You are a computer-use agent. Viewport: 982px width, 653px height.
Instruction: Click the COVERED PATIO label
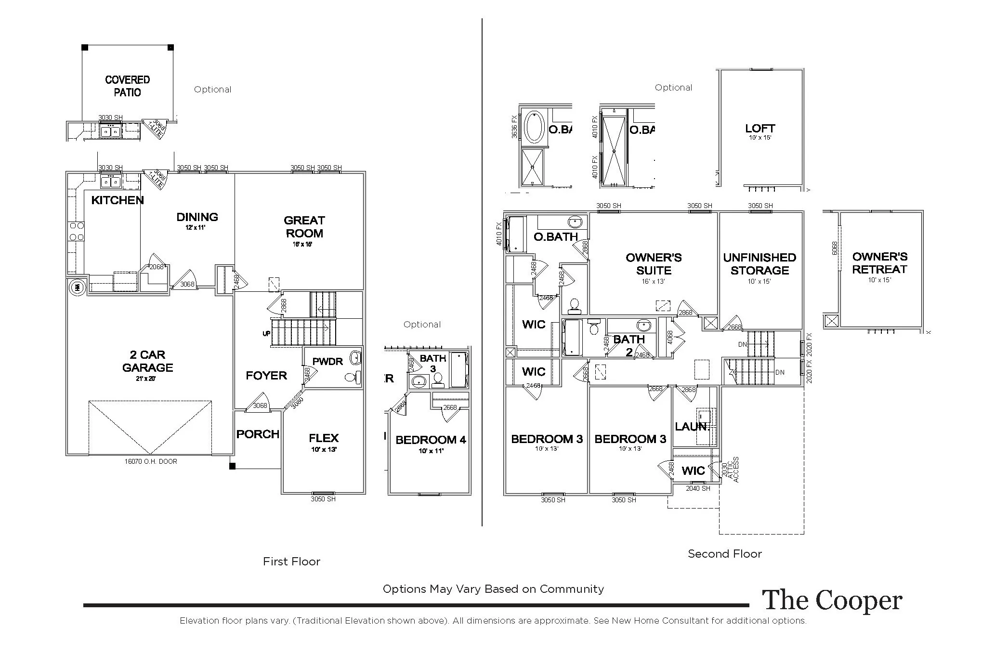(x=127, y=86)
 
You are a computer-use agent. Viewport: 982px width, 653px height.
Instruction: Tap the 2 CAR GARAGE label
(x=147, y=361)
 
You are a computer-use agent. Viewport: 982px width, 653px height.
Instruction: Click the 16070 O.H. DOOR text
(x=151, y=461)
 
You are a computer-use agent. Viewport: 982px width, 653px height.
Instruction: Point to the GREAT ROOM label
(x=304, y=227)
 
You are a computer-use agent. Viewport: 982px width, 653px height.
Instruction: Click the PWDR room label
(x=327, y=362)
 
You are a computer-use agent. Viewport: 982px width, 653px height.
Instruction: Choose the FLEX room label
(x=324, y=438)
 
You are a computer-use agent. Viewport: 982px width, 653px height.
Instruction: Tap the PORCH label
(x=258, y=434)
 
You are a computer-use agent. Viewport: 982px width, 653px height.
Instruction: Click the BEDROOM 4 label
(x=431, y=440)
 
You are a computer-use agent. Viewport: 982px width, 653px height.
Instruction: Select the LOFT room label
(x=760, y=129)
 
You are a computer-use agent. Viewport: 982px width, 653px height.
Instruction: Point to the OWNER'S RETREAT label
(x=879, y=263)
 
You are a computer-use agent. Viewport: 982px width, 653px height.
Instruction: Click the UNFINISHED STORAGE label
(x=759, y=264)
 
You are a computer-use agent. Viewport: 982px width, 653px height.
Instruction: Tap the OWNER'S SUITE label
(x=654, y=264)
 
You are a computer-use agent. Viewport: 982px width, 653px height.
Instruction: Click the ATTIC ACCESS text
(x=733, y=470)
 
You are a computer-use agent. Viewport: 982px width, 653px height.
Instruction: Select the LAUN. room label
(x=693, y=427)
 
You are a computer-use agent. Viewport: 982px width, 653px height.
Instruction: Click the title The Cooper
(x=832, y=601)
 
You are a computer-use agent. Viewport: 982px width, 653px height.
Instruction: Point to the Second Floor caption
(x=724, y=554)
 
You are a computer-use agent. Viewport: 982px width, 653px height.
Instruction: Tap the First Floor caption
(x=291, y=562)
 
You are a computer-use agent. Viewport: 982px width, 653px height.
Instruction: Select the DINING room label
(x=197, y=217)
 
